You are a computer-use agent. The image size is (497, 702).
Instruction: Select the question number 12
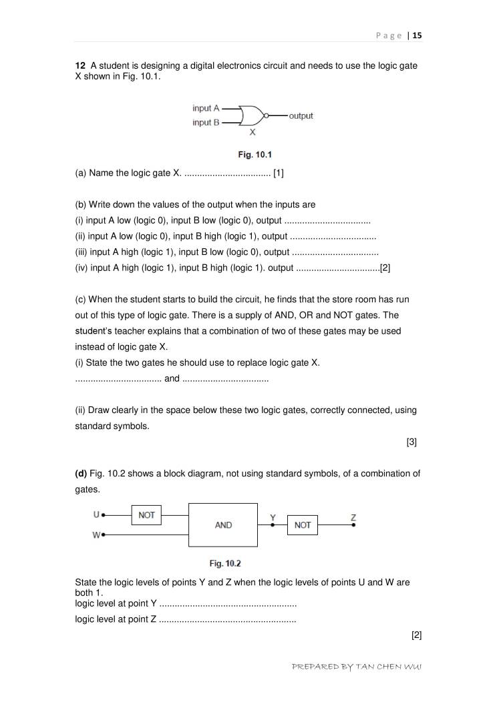point(79,65)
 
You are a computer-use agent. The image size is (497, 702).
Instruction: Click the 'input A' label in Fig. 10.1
point(206,108)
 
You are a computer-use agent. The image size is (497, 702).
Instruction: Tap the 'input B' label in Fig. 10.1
point(206,123)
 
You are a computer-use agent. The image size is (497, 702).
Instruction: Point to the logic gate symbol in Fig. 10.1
point(252,115)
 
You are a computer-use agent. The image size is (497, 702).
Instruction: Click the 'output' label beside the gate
point(301,116)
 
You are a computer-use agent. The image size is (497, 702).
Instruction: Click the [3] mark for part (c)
point(411,442)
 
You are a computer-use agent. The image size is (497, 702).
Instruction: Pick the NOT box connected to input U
point(147,515)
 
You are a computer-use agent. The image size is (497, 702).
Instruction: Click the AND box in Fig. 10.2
point(223,525)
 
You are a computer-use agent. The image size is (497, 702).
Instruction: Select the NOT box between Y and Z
point(303,525)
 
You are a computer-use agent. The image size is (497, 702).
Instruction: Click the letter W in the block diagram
point(96,535)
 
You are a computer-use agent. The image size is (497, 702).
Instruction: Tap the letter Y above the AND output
point(273,517)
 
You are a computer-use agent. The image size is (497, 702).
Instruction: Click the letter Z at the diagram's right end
point(353,517)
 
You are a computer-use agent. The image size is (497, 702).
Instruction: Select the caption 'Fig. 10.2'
point(225,564)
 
